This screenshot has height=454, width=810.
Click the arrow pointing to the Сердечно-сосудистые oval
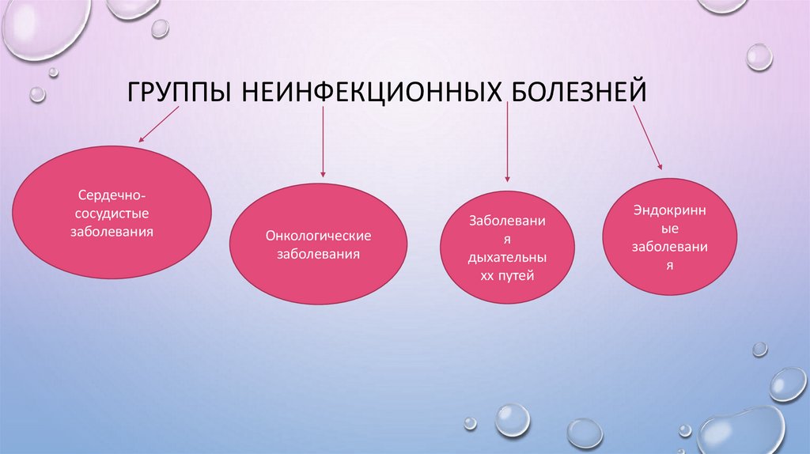coord(160,124)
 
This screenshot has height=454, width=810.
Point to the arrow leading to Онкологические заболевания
coord(323,142)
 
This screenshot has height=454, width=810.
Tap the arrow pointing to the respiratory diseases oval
coord(507,142)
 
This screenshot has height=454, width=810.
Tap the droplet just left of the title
coord(37,94)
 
